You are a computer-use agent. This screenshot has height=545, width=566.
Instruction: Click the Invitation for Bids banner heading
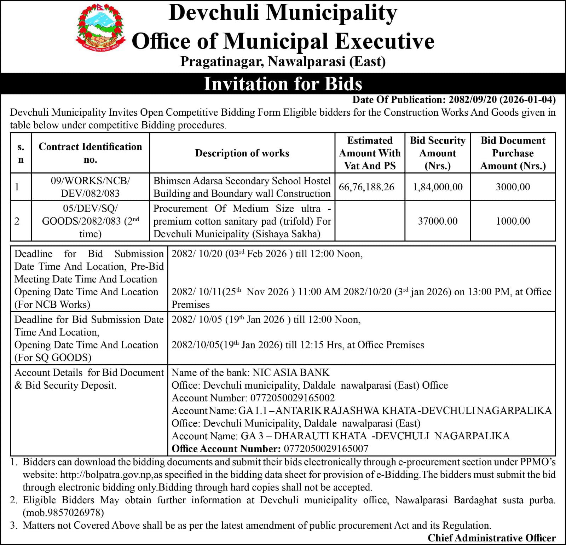283,84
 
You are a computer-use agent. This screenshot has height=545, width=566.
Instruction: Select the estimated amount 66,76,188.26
366,187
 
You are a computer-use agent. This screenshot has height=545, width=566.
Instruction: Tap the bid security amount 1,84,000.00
438,187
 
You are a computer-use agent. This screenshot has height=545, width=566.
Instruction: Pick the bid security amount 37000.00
438,221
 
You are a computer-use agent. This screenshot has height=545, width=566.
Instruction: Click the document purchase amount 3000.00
513,187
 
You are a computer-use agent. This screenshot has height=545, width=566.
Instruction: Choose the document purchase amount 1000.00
513,221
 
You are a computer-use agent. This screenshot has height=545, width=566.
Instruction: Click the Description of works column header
242,153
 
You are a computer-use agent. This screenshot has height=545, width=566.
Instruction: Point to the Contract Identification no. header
90,153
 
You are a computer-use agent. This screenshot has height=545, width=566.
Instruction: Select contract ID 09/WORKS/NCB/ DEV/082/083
90,187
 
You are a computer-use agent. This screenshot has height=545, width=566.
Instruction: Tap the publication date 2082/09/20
470,100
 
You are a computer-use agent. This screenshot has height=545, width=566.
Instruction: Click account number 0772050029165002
292,398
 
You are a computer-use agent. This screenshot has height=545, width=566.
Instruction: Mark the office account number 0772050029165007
326,449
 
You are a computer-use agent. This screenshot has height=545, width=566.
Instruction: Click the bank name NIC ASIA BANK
291,372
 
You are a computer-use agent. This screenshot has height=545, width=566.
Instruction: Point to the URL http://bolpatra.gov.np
106,475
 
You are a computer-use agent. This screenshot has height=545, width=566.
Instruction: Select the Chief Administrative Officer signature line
491,538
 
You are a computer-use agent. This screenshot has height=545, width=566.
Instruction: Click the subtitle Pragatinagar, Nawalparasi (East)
283,62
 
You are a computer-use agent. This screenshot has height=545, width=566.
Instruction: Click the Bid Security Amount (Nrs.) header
438,153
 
